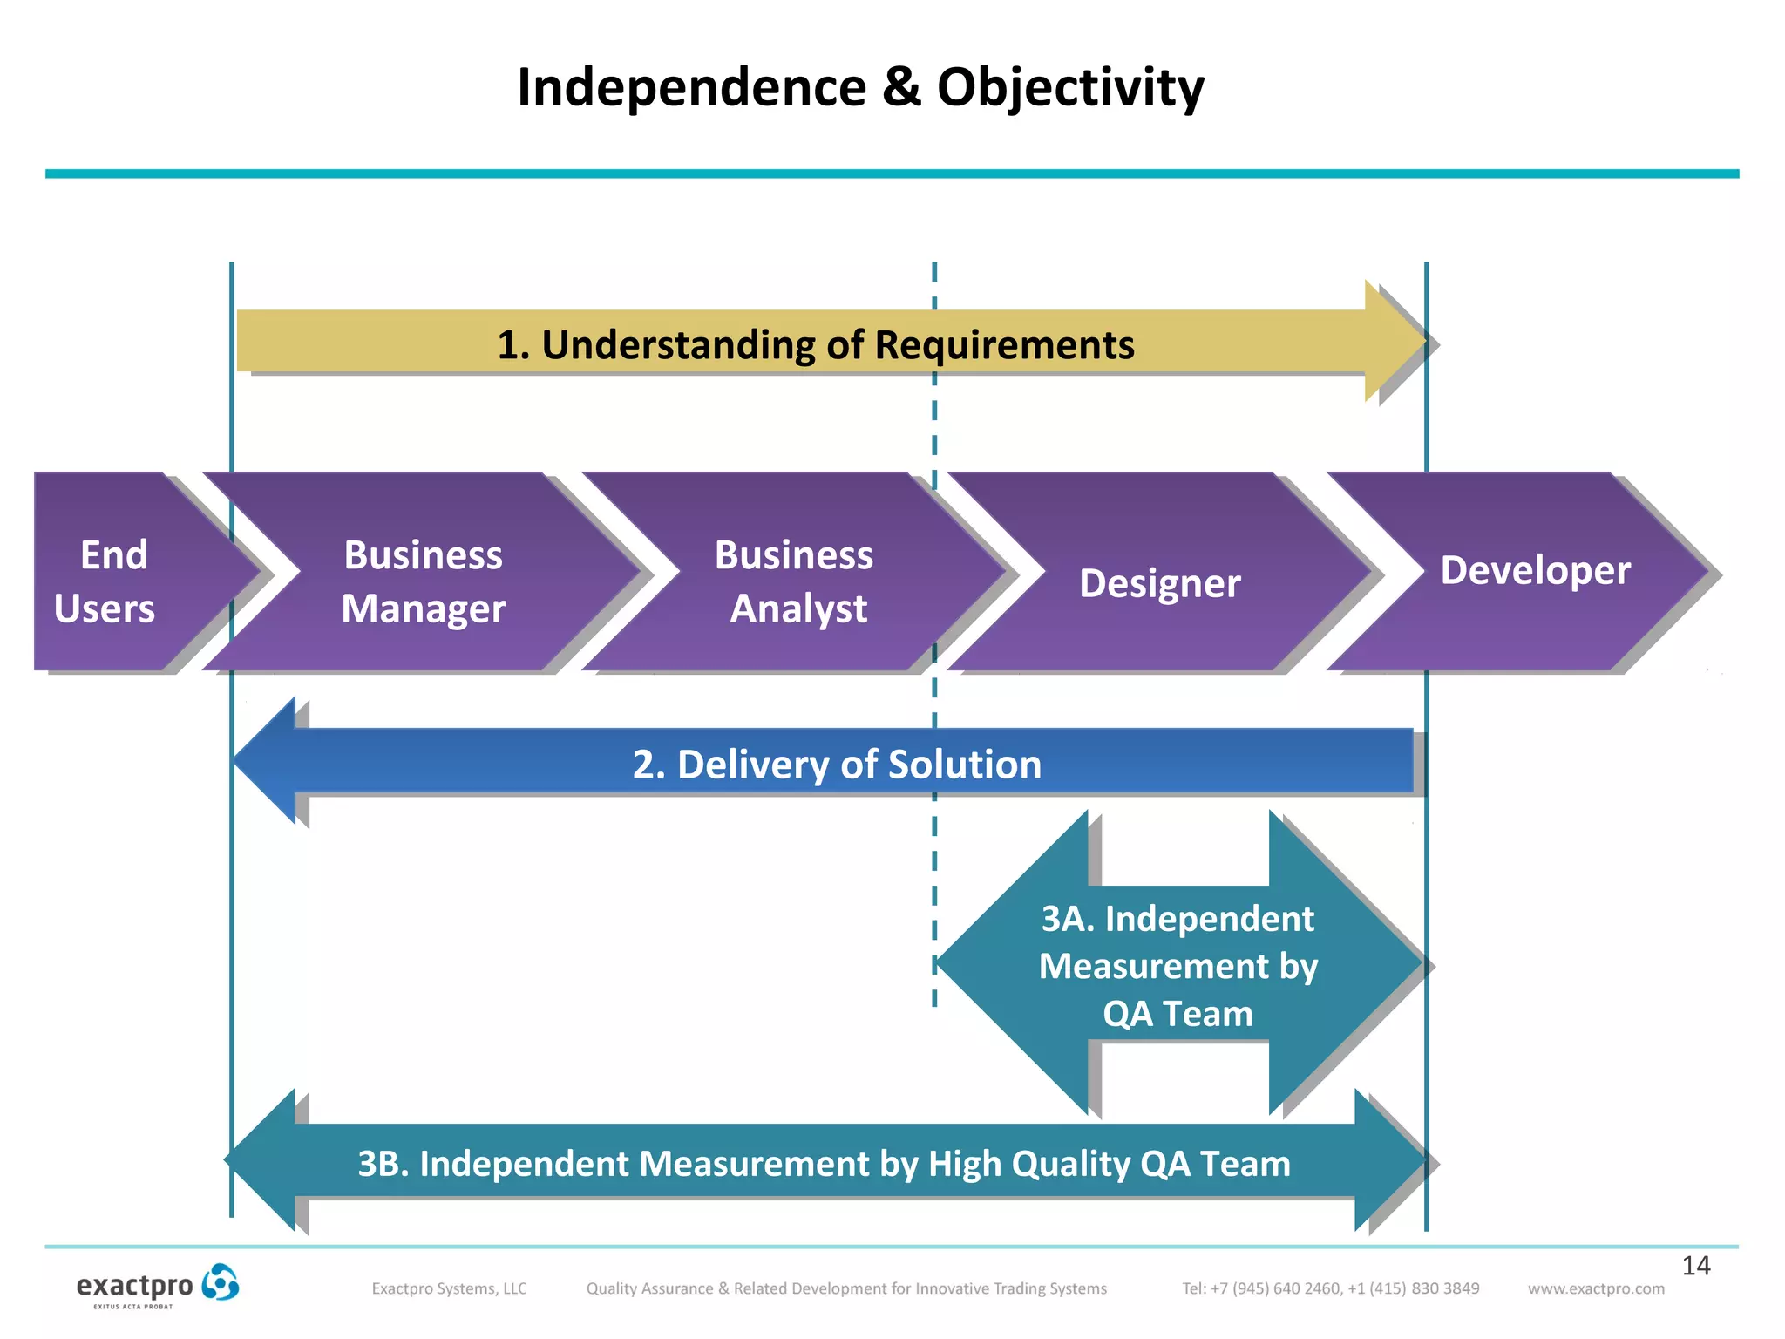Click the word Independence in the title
[691, 87]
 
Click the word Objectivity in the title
[1070, 87]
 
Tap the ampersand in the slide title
[901, 87]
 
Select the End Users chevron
[113, 580]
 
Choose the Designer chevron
[1159, 582]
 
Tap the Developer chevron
[1534, 571]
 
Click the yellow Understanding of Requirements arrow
[815, 343]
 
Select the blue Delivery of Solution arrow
[837, 764]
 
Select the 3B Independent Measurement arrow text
[824, 1164]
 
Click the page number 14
[1695, 1266]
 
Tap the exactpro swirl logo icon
[221, 1283]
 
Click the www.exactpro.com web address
[1595, 1288]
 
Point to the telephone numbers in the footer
[1330, 1288]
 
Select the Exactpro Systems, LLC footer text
[449, 1288]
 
